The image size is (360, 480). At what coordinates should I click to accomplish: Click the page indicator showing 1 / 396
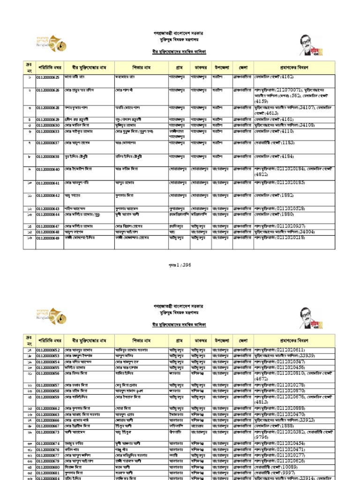click(x=180, y=265)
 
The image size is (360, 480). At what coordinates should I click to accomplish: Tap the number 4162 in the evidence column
click(x=297, y=76)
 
